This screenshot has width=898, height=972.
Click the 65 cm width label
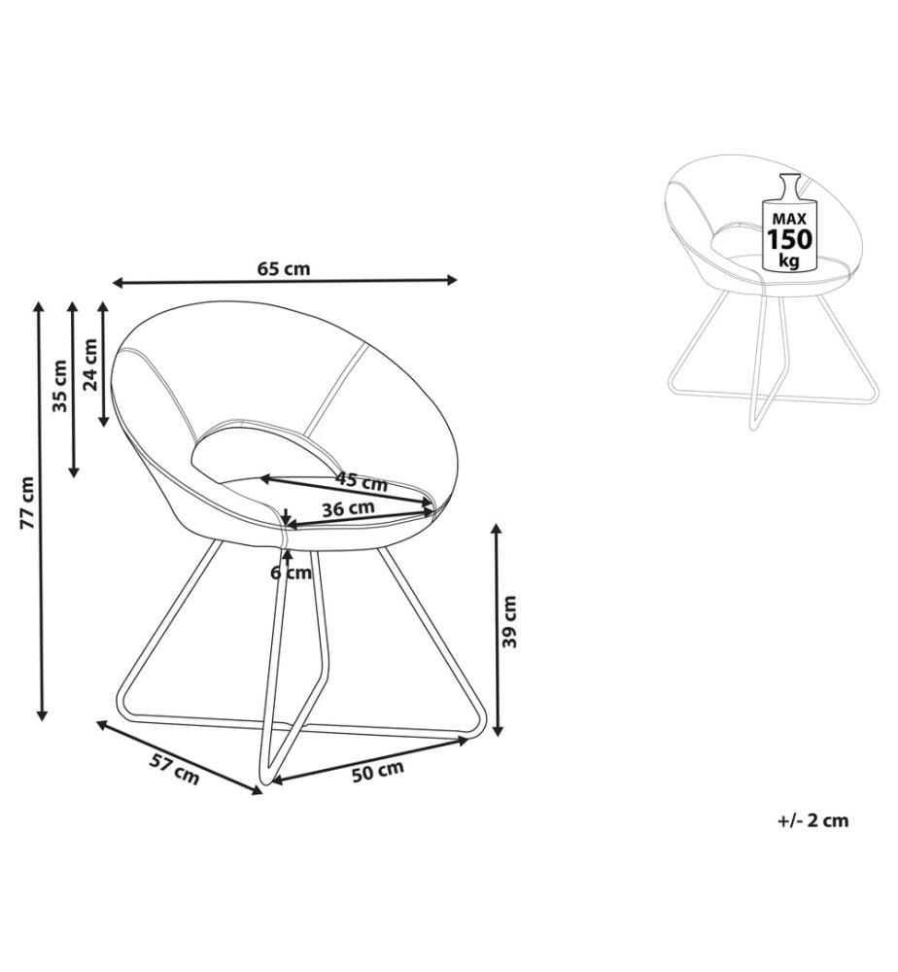[283, 269]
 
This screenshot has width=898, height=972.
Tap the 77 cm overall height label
[26, 503]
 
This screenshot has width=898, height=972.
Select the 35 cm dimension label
[59, 386]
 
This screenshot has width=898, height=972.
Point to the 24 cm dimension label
[90, 364]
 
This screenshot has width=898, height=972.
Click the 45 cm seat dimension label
[362, 481]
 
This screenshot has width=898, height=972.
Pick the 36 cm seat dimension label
[348, 509]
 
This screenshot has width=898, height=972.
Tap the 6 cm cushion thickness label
[291, 573]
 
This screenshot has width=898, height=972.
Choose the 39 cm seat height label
[509, 621]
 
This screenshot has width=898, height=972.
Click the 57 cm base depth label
[175, 769]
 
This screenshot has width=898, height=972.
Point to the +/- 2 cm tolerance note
[812, 820]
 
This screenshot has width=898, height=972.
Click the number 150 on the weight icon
[789, 239]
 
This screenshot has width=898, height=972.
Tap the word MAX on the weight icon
[789, 219]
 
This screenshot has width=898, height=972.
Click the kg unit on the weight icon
[789, 260]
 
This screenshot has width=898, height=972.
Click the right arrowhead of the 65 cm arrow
[451, 280]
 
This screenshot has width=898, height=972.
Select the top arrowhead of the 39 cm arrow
[496, 531]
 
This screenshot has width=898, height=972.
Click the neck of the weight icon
[789, 184]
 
